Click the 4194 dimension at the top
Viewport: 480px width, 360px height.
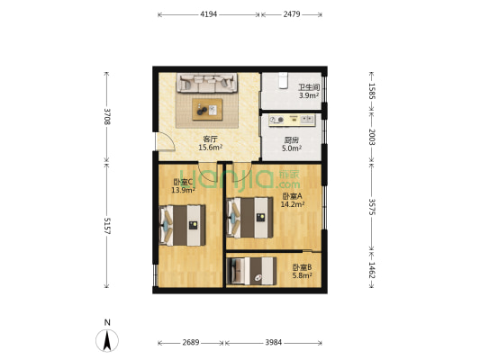[x=208, y=14]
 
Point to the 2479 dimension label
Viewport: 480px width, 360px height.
[x=292, y=14]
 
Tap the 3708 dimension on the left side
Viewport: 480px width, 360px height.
[x=107, y=116]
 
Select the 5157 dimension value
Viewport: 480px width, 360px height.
[x=107, y=226]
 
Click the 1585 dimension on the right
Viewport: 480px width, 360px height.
[x=371, y=91]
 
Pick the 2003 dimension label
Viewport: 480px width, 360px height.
[x=371, y=137]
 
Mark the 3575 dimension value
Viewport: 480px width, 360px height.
[x=371, y=207]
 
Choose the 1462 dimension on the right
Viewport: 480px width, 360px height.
[x=371, y=270]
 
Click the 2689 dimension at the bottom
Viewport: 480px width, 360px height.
[x=191, y=343]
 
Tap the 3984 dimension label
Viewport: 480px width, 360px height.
[x=274, y=343]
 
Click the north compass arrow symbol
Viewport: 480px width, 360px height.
[x=107, y=340]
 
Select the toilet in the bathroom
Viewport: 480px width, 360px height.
[x=283, y=80]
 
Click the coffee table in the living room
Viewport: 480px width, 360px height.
[x=207, y=110]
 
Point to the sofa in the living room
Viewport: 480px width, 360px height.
[x=207, y=83]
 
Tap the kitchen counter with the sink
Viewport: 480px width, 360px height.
[x=292, y=121]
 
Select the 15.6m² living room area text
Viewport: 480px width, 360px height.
[x=211, y=148]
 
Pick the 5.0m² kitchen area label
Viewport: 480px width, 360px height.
[x=292, y=148]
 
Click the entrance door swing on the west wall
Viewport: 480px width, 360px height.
[x=166, y=141]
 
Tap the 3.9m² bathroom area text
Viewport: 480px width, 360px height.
[x=309, y=95]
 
